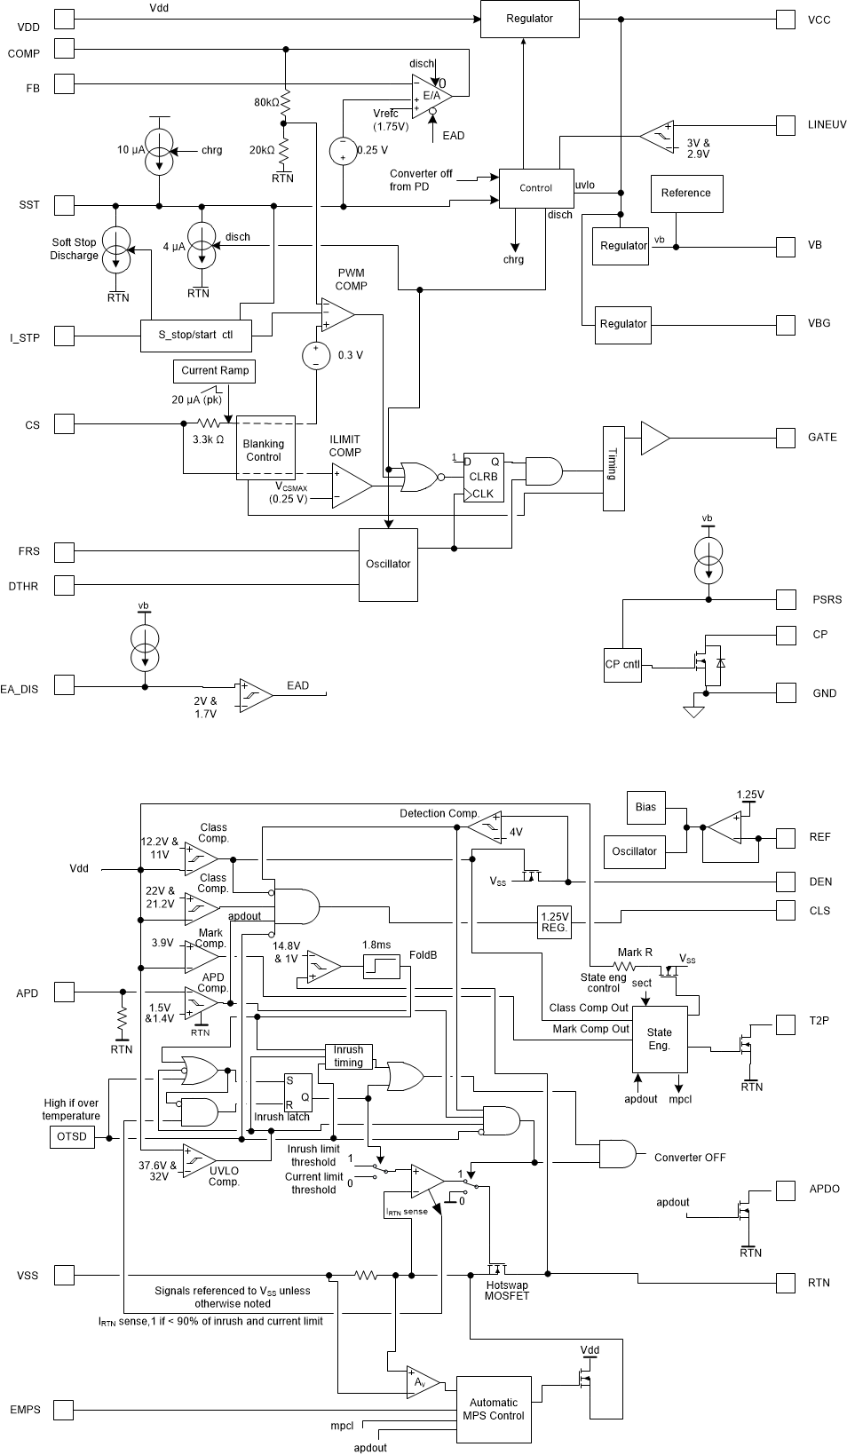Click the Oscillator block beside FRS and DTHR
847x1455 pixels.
[x=388, y=565]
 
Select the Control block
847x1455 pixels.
[x=535, y=188]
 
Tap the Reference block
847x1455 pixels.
[x=685, y=194]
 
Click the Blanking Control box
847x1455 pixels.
[x=264, y=450]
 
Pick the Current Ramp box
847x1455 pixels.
[x=215, y=371]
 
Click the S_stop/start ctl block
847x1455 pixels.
[x=196, y=336]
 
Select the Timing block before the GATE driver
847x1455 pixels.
[x=613, y=468]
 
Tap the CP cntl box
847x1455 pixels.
[x=622, y=665]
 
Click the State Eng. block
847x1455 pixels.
[x=659, y=1040]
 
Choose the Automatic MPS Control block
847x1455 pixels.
[x=494, y=1409]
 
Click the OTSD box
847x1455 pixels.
[x=71, y=1137]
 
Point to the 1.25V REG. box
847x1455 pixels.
[x=554, y=922]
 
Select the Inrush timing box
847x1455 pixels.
[x=348, y=1056]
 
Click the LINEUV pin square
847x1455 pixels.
[x=785, y=125]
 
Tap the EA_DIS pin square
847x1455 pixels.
[x=65, y=685]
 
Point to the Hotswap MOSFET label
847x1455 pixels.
[x=506, y=1291]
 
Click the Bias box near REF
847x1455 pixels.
[x=646, y=807]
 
